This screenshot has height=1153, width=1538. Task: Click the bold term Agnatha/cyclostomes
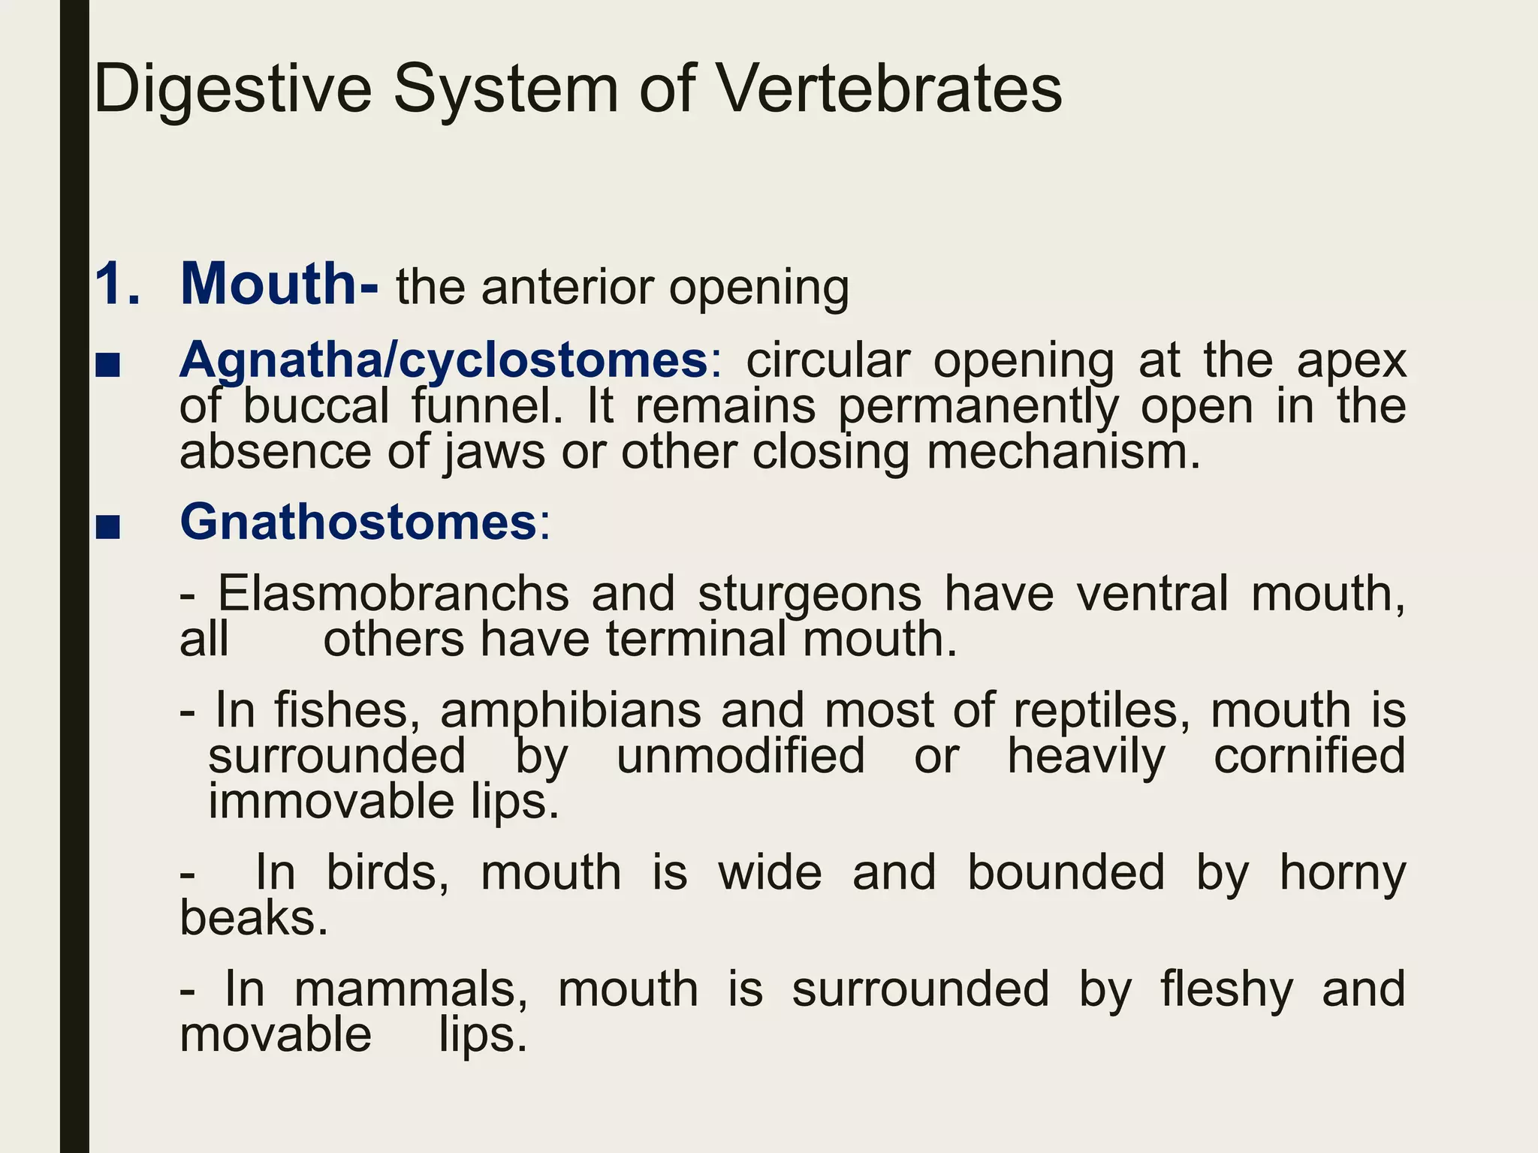pyautogui.click(x=443, y=360)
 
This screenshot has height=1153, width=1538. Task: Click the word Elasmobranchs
pyautogui.click(x=394, y=593)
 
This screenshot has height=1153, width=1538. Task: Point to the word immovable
pyautogui.click(x=331, y=801)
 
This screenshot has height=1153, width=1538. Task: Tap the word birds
pyautogui.click(x=388, y=872)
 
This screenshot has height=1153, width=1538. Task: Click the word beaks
pyautogui.click(x=254, y=917)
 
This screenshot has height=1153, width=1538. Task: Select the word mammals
pyautogui.click(x=412, y=989)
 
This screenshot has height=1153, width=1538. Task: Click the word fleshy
pyautogui.click(x=1227, y=989)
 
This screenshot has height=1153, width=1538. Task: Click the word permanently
pyautogui.click(x=978, y=408)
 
